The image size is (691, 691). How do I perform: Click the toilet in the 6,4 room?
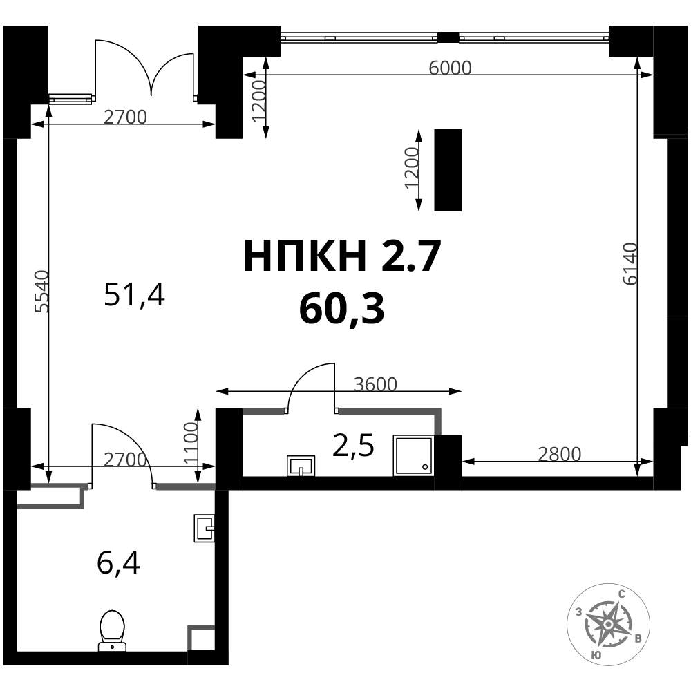tap(113, 631)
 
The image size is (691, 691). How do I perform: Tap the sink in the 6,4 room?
tap(204, 528)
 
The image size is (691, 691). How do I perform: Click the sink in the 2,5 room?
tap(301, 466)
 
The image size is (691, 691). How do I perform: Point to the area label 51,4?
tap(135, 295)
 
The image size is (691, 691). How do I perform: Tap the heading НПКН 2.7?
tap(342, 256)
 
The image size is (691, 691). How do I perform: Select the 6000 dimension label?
tap(450, 68)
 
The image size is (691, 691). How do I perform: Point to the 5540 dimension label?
tap(43, 292)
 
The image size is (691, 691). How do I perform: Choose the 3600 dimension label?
tap(375, 384)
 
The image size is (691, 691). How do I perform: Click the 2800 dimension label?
tap(560, 454)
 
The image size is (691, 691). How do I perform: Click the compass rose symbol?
tap(608, 624)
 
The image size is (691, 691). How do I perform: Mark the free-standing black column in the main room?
tap(448, 170)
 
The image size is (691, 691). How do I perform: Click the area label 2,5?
tap(353, 446)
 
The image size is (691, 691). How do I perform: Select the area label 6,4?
tap(119, 564)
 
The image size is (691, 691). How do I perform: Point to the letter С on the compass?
tap(622, 594)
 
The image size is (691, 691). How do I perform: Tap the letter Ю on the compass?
tap(596, 655)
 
